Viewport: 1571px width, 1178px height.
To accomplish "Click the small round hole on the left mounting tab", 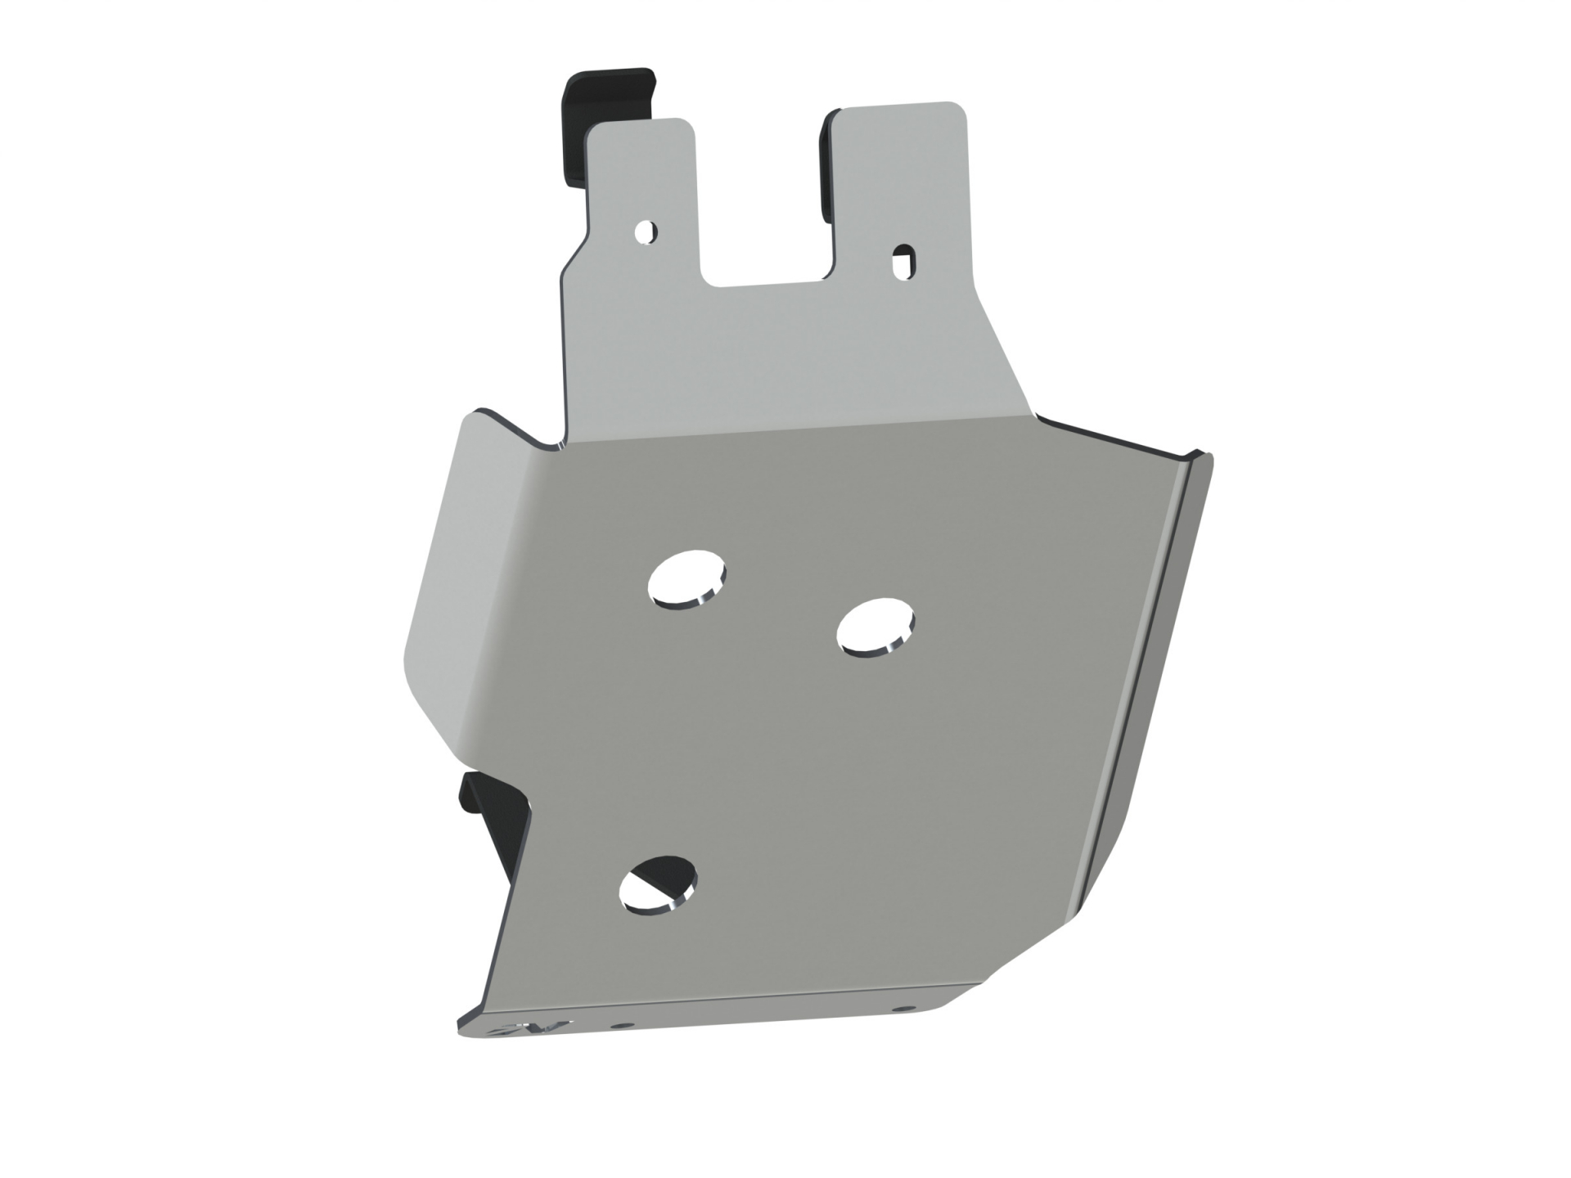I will pyautogui.click(x=646, y=232).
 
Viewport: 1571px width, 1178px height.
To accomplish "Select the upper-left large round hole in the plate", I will pyautogui.click(x=686, y=581).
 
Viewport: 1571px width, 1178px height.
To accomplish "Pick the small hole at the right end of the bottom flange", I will pyautogui.click(x=903, y=1009).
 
